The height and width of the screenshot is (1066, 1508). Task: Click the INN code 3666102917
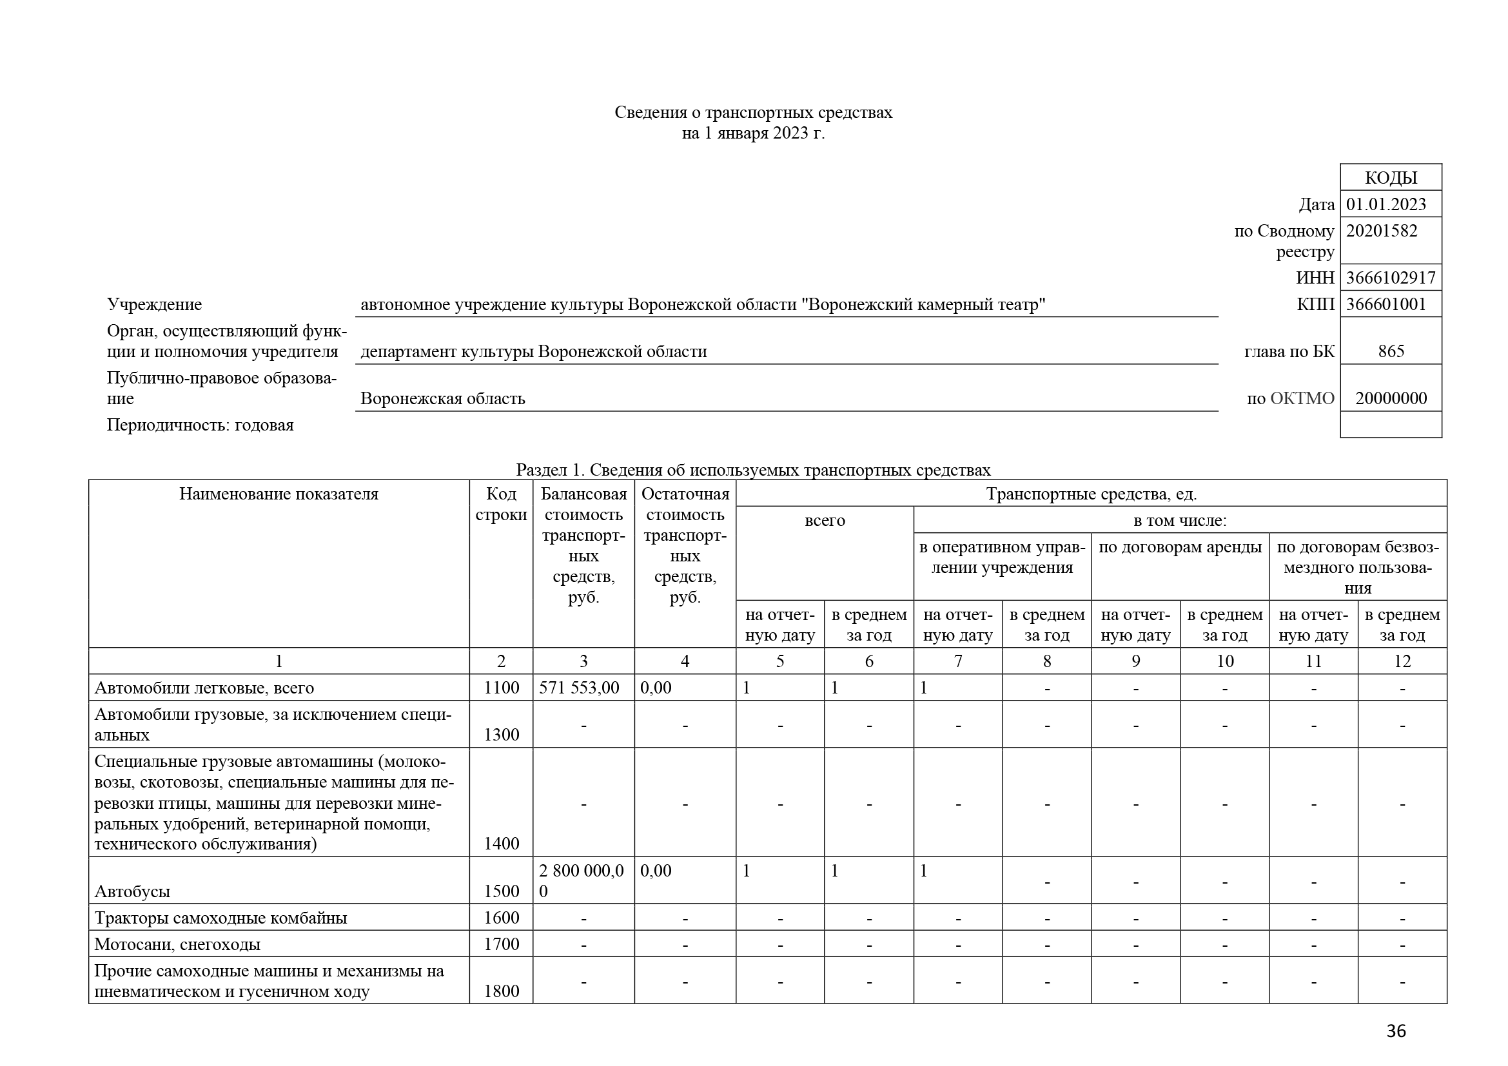point(1391,278)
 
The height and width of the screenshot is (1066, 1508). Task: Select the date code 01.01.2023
point(1386,204)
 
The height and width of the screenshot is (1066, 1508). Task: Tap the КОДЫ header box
point(1391,177)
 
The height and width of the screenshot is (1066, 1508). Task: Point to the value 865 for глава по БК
point(1391,351)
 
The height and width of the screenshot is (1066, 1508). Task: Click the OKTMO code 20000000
point(1391,398)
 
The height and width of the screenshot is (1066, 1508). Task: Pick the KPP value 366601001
point(1386,305)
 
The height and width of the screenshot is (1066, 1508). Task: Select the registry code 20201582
point(1381,231)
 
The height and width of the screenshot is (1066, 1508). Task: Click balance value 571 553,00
point(578,688)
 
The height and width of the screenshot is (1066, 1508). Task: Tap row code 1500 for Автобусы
point(501,891)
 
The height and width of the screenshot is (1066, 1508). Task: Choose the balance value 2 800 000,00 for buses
point(582,881)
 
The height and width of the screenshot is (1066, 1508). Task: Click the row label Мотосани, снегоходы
point(177,945)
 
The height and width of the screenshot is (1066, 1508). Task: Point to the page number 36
point(1396,1031)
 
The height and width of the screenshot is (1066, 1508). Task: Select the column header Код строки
point(501,504)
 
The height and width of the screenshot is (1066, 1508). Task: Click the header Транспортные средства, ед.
point(1091,494)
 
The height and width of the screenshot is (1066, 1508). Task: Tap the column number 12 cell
point(1402,661)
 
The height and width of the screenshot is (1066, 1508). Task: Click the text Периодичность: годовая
point(201,425)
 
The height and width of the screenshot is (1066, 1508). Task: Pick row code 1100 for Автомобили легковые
point(501,688)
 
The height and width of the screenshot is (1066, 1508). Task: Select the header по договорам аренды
point(1180,547)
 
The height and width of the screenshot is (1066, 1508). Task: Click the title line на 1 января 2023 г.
point(753,133)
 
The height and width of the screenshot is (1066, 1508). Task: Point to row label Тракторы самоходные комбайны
point(220,918)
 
